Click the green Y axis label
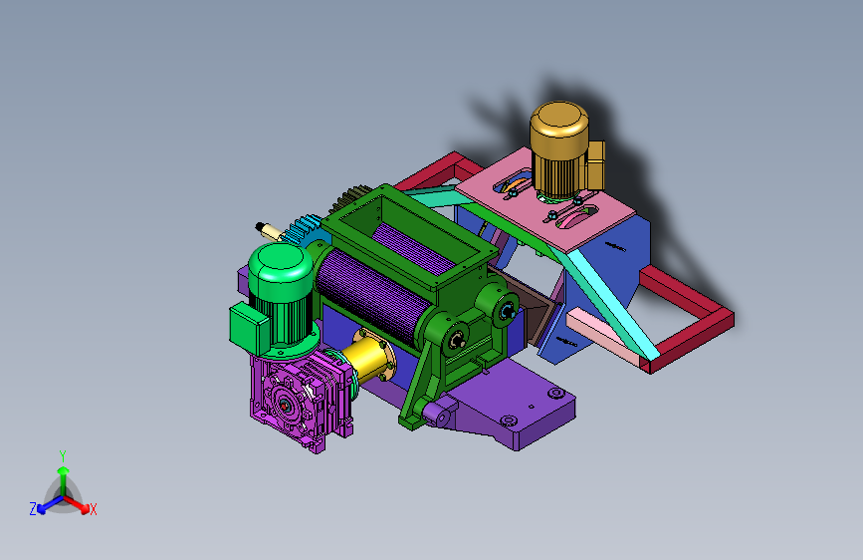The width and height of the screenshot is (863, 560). [x=63, y=456]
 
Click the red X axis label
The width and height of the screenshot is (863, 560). [x=93, y=510]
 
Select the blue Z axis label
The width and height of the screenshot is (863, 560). [x=33, y=509]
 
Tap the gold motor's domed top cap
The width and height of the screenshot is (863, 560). [x=559, y=119]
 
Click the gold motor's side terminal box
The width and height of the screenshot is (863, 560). [x=595, y=164]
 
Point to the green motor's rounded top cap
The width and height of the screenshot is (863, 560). [x=281, y=263]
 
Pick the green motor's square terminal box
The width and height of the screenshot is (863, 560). [x=249, y=329]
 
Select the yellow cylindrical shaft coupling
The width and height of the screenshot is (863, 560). [x=369, y=357]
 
